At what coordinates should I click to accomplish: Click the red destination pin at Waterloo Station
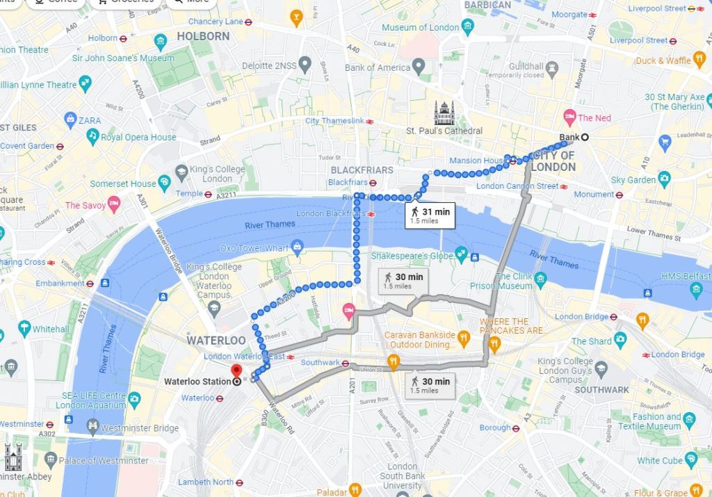click(236, 370)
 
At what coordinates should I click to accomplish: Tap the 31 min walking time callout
click(429, 215)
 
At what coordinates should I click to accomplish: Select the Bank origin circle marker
click(585, 137)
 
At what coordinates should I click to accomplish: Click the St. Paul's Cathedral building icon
click(444, 112)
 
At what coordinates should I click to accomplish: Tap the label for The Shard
click(591, 341)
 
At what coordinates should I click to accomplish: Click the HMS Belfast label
click(684, 276)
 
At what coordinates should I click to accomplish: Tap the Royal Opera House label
click(138, 137)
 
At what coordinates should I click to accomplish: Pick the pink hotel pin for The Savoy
click(115, 204)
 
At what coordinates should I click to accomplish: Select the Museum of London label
click(420, 27)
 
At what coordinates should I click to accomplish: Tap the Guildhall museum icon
click(553, 67)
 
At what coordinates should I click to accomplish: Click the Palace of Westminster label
click(104, 460)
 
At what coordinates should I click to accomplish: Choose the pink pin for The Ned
click(569, 117)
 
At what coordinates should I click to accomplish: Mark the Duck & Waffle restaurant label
click(663, 60)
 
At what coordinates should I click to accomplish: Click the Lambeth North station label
click(205, 482)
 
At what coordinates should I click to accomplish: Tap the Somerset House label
click(123, 184)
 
